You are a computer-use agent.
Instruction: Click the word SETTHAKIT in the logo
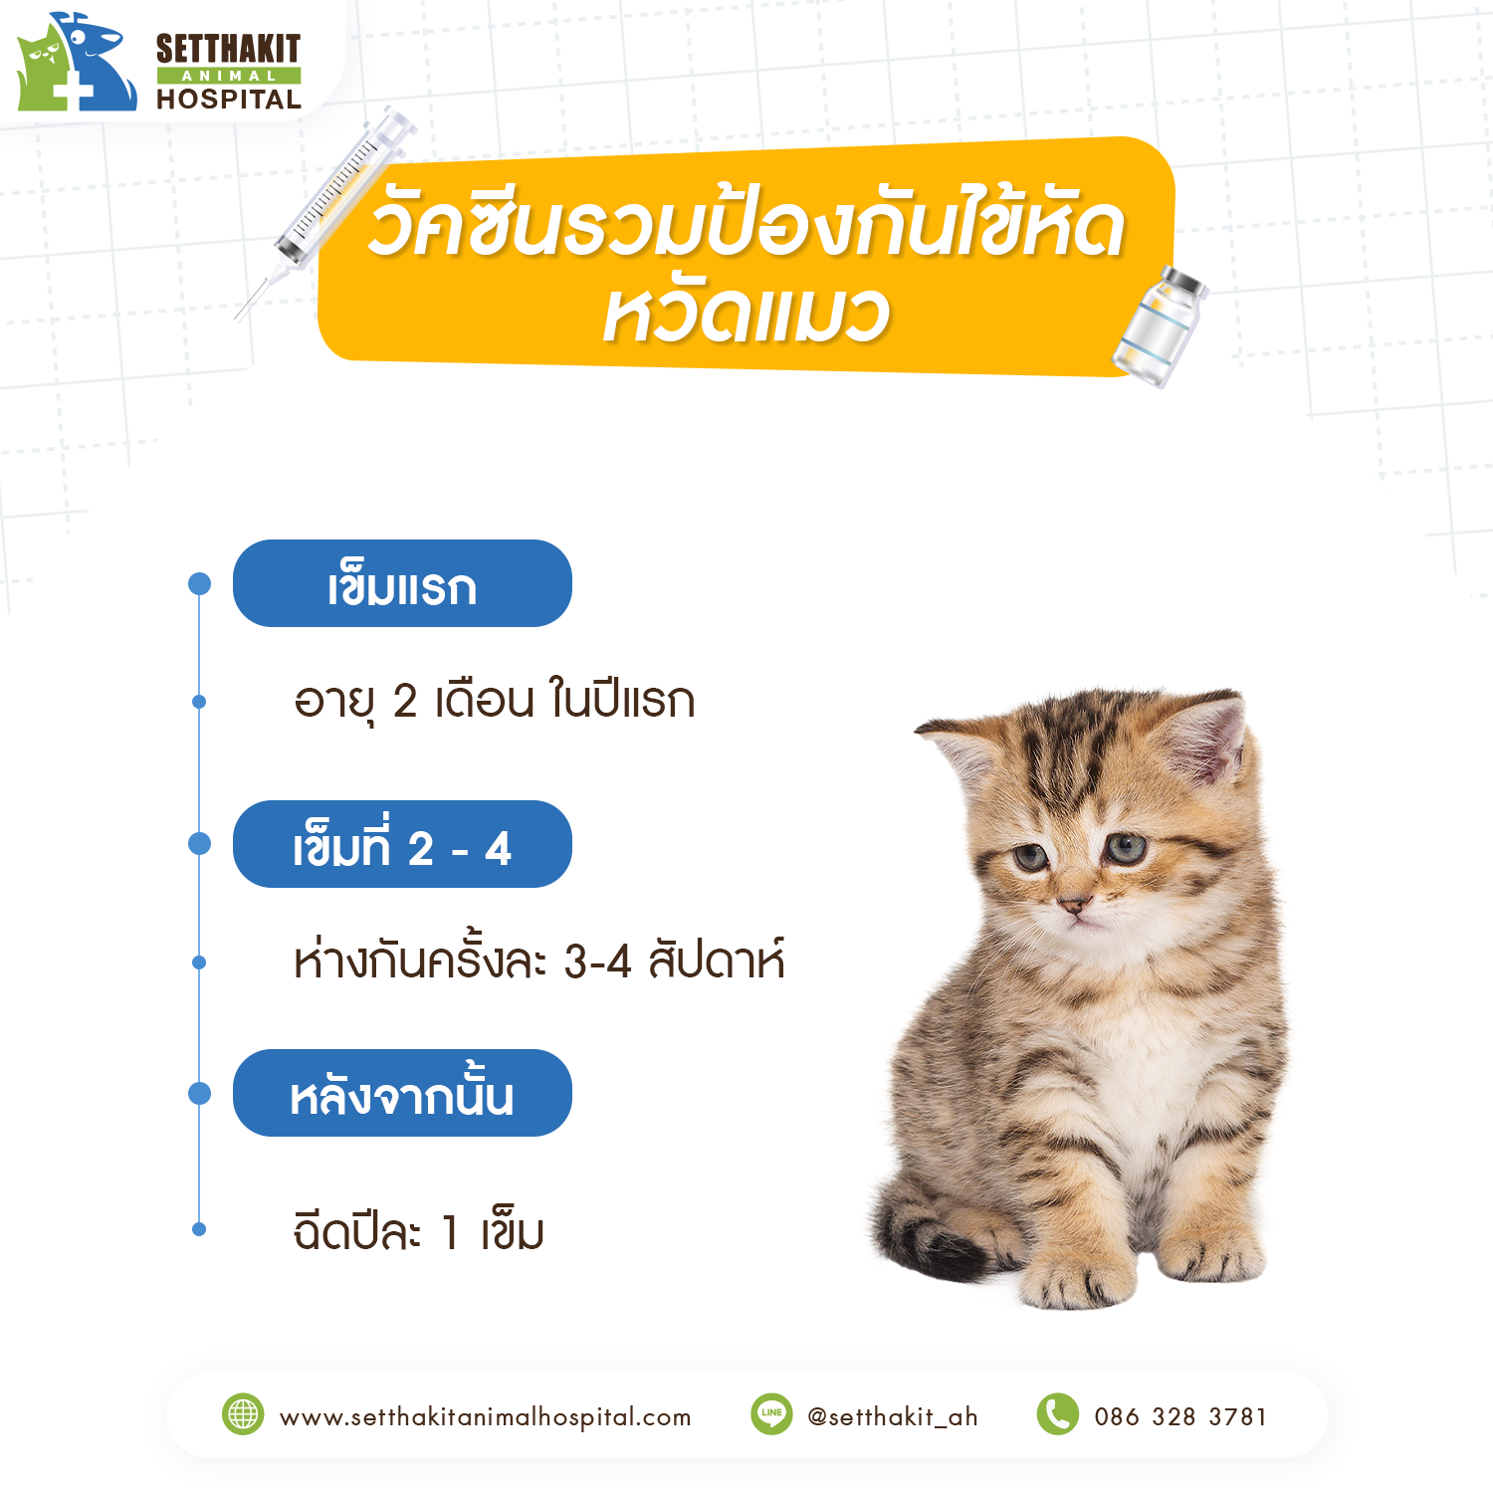coord(228,49)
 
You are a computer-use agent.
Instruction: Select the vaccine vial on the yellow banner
coord(1161,326)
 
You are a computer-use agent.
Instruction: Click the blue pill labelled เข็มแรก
coord(402,583)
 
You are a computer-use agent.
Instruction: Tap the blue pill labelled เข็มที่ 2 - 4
coord(402,844)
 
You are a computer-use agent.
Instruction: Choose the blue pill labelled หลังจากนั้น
coord(402,1093)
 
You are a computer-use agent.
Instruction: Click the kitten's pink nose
coord(1073,904)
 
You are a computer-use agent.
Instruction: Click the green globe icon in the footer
coord(243,1414)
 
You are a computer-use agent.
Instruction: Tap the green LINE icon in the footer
coord(771,1414)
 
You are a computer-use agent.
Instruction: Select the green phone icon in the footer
coord(1058,1414)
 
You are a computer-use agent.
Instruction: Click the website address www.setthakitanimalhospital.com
coord(486,1416)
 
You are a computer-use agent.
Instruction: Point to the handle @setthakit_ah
coord(893,1416)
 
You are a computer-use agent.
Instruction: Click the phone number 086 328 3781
coord(1180,1416)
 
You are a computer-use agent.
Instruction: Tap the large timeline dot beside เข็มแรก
coord(200,583)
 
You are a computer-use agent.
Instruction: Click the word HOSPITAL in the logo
coord(229,100)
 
